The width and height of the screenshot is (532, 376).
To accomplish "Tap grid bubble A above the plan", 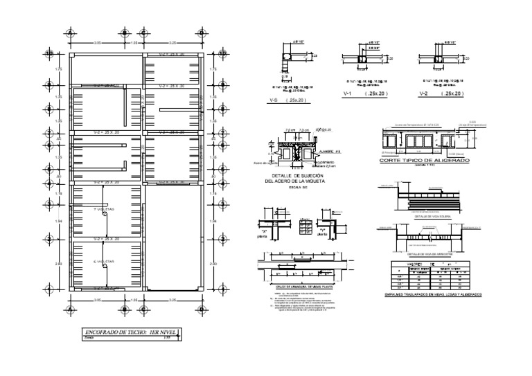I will click(x=69, y=33).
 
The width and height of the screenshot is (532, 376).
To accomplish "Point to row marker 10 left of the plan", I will click(x=49, y=53).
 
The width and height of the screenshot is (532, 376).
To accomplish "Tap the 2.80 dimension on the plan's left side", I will click(x=58, y=264).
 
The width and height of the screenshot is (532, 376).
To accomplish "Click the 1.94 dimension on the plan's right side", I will click(x=213, y=221).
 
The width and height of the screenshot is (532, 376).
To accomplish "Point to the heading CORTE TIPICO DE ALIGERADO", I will click(x=424, y=161).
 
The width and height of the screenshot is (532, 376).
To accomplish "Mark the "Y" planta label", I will click(x=322, y=233).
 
